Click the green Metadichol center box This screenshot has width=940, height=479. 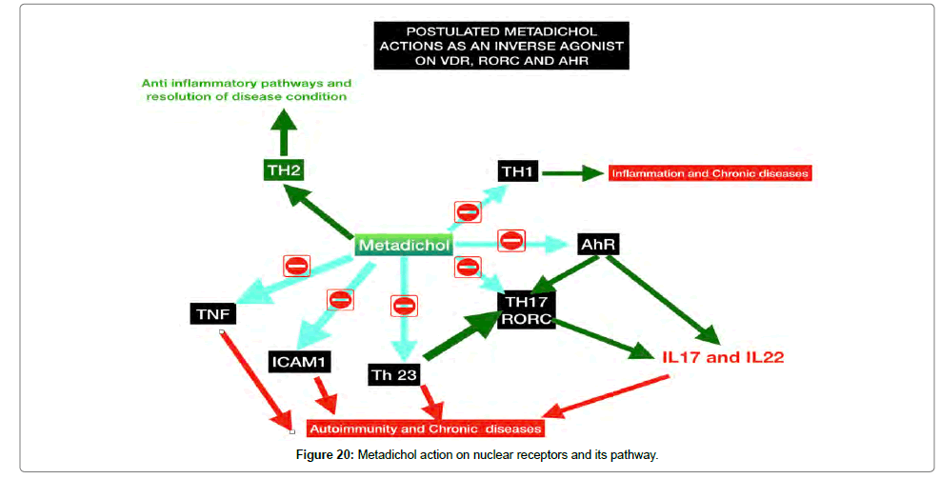404,245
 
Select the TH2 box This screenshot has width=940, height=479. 285,170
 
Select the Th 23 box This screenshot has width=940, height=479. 394,374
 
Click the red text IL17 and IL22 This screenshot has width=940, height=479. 723,357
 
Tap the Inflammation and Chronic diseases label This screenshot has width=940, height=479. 710,173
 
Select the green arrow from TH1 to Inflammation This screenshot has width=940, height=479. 572,172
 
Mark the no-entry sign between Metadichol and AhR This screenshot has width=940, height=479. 511,241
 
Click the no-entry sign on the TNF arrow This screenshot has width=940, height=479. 296,266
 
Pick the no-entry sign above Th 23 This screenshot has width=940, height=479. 404,306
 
